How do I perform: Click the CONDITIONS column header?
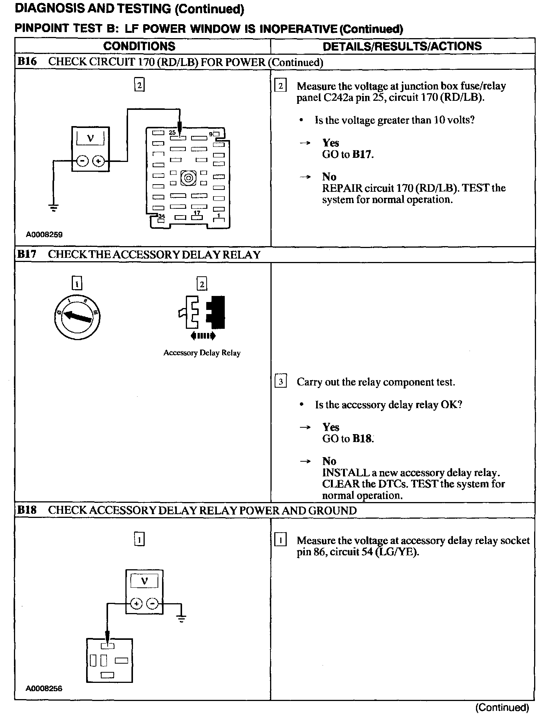pos(139,46)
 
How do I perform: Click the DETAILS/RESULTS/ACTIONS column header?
pos(402,46)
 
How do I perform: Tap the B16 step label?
pos(27,62)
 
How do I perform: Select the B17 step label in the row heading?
pos(27,254)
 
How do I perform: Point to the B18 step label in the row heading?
pos(27,510)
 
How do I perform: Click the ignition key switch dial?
pos(77,316)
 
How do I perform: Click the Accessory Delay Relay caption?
pos(202,353)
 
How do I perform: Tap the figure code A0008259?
pos(44,234)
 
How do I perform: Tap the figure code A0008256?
pos(44,688)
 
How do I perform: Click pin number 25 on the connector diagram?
pos(172,132)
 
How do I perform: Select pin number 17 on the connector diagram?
pos(197,213)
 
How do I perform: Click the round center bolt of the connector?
pos(188,177)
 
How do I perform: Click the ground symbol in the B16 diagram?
pos(54,207)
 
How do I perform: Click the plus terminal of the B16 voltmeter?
pos(98,161)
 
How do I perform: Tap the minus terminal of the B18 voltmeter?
pos(152,604)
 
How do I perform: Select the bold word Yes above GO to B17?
pos(331,143)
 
